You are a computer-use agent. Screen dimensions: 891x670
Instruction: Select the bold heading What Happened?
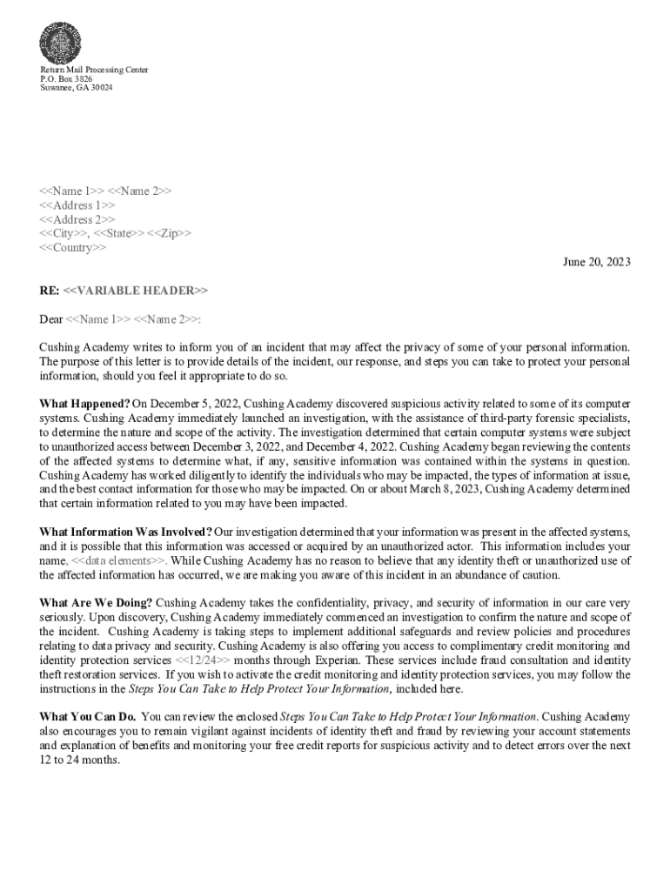85,404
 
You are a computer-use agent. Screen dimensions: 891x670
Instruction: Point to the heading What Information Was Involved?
126,532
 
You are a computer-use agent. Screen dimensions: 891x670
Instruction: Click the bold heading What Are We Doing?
97,603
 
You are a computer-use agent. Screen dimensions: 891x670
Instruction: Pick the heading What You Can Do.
87,716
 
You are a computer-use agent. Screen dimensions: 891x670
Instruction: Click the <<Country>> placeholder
73,248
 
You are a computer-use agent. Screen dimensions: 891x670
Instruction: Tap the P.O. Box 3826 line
66,78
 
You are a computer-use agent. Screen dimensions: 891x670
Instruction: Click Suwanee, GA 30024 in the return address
77,88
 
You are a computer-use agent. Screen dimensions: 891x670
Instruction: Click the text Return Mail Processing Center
94,70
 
